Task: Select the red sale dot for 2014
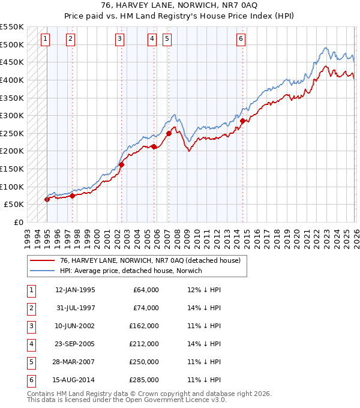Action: pos(243,121)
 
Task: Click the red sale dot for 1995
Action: pos(47,199)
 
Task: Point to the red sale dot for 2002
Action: pos(121,164)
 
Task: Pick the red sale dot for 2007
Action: pos(169,133)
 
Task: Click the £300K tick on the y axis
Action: pos(12,115)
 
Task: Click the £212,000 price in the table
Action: pos(144,344)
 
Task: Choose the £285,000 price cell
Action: pos(144,380)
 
